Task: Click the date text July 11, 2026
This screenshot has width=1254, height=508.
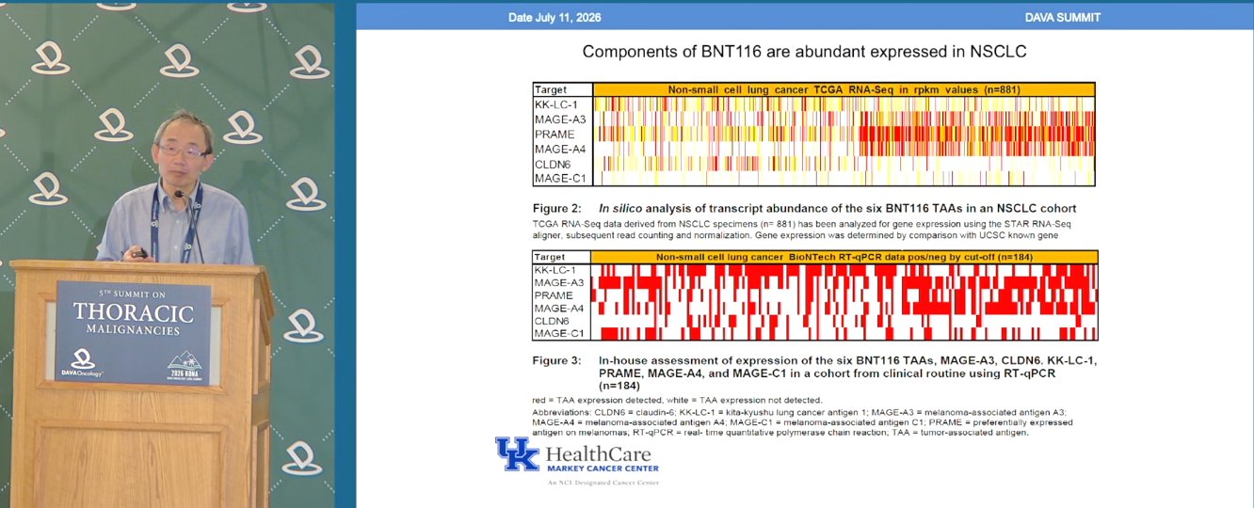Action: coord(568,18)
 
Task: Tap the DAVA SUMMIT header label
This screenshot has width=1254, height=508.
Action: coord(1063,18)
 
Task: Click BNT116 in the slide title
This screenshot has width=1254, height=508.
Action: coord(731,52)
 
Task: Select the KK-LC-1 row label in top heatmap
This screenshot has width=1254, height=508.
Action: coord(555,104)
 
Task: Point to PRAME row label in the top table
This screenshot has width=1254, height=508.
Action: coord(555,135)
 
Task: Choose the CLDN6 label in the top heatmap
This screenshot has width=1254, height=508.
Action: coord(553,165)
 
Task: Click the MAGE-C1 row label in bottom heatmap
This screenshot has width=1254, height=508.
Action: coord(558,333)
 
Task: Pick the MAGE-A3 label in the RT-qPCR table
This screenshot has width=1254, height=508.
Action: coord(558,282)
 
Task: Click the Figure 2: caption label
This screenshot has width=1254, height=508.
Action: coord(557,208)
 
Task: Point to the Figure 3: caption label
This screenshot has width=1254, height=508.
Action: coord(557,360)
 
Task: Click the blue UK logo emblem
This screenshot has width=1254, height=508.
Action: coord(517,453)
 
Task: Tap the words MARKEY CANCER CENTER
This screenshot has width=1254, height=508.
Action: coord(603,468)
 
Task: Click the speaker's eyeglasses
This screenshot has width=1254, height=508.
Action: coord(182,151)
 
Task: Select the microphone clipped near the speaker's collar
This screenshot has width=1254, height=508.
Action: coord(180,195)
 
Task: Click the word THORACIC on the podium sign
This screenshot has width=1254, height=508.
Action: coord(134,312)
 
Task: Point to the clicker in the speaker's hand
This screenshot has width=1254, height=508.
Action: coord(139,254)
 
